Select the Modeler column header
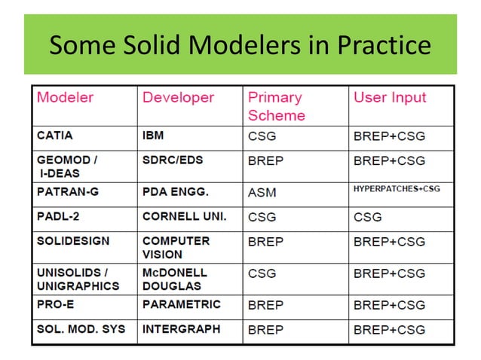coord(66,97)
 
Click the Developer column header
coord(178,97)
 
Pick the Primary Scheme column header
coord(276,106)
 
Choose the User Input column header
coord(390,97)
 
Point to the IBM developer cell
coord(153,136)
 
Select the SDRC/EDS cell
coord(173,160)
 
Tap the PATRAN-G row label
coord(68,192)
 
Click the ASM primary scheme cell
coord(262,193)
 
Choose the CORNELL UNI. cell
coord(183,217)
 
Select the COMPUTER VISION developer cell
coord(176,248)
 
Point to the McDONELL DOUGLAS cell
coord(175,279)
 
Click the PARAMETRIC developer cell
coord(181,304)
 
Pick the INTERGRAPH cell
coord(181,329)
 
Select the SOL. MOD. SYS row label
coord(81,329)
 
